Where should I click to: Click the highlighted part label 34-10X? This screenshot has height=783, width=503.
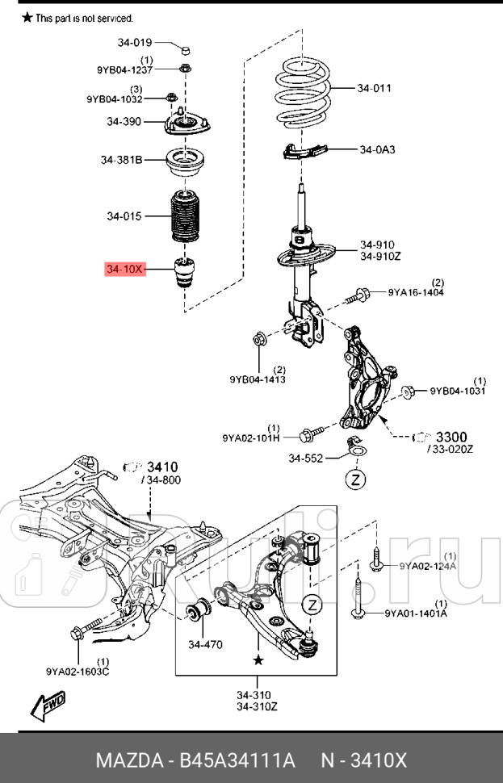tap(124, 269)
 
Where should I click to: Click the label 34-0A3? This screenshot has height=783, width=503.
tap(378, 149)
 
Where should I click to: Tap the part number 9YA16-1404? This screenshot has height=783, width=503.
tap(416, 292)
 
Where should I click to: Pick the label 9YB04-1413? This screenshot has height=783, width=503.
tap(257, 379)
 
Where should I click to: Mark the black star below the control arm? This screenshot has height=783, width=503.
tap(258, 660)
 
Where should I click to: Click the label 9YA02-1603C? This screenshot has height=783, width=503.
tap(79, 669)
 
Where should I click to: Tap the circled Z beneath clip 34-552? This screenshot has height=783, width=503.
tap(355, 480)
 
